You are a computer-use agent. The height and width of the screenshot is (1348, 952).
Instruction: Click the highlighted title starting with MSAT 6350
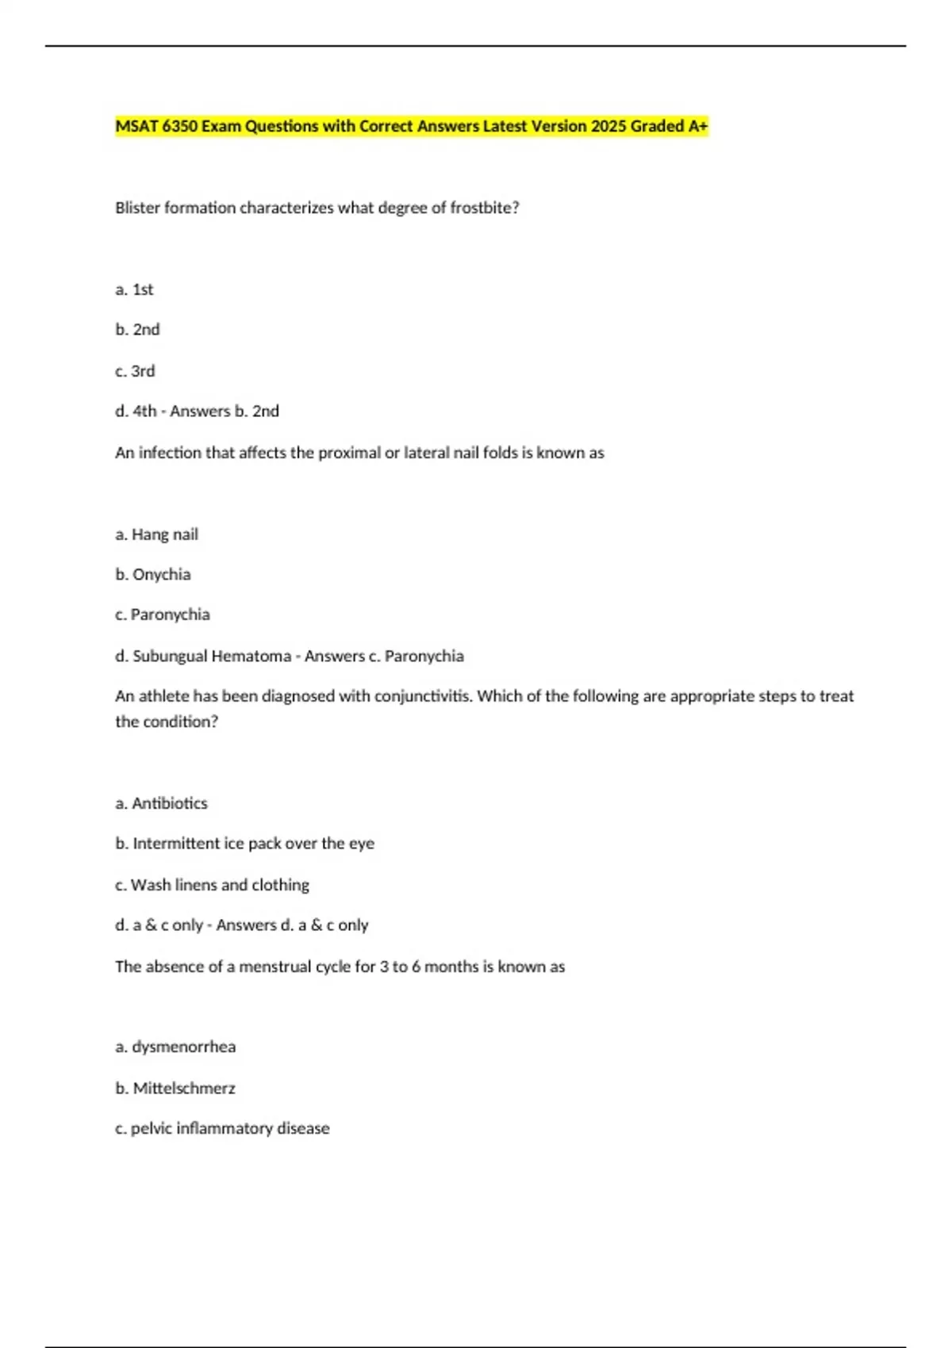pos(411,126)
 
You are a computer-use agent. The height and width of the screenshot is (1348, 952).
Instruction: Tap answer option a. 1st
pos(134,289)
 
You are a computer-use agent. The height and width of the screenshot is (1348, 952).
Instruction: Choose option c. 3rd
pos(135,371)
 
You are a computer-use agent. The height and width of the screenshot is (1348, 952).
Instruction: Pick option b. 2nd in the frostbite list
pos(137,329)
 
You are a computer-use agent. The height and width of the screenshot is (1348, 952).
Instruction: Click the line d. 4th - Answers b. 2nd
pos(197,411)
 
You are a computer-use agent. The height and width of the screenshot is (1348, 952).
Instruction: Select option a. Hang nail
pos(156,534)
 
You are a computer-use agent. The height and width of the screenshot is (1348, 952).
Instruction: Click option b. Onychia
pos(152,574)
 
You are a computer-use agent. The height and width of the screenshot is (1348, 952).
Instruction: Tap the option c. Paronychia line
pos(162,615)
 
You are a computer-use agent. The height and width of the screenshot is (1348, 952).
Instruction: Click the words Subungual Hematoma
pos(212,656)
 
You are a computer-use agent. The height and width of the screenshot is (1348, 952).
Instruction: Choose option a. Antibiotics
pos(161,803)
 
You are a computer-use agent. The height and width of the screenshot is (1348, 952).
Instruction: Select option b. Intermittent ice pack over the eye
pos(244,843)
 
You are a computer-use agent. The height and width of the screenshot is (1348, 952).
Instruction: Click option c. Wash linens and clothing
pos(212,885)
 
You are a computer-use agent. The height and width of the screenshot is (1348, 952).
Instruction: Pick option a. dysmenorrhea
pos(175,1047)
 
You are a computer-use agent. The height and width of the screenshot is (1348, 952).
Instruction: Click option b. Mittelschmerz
pos(175,1088)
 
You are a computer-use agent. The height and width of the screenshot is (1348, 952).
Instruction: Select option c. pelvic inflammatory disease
pos(222,1128)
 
